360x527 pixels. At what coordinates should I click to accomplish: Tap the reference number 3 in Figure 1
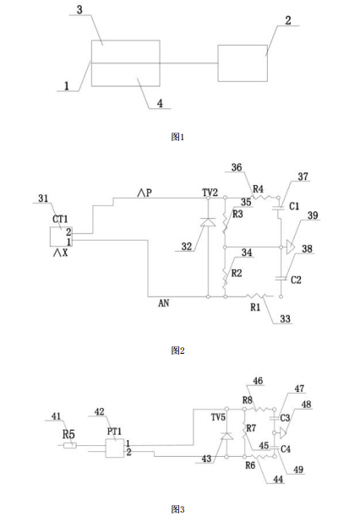coord(79,9)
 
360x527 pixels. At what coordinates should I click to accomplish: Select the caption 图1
coord(177,137)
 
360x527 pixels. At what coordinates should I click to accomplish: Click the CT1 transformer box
coord(61,236)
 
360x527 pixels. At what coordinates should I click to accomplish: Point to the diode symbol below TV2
coord(208,222)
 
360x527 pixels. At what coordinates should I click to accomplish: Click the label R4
coord(258,189)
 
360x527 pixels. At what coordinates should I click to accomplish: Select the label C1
coord(294,206)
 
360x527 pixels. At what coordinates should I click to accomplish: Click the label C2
coord(296,280)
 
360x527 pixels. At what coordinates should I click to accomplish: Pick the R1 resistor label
coord(255,307)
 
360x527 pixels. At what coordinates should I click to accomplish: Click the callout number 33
coord(285,318)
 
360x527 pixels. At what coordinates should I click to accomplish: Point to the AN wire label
coord(163,303)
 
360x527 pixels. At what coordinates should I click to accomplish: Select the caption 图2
coord(177,350)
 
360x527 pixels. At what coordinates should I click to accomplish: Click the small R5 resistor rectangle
coord(70,446)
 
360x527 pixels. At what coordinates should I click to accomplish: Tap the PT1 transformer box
coord(115,448)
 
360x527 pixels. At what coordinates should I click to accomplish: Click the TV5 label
coord(218,417)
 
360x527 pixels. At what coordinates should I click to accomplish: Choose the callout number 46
coord(258,381)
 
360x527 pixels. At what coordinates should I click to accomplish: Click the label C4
coord(286,449)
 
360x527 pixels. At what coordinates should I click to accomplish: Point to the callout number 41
coord(56,416)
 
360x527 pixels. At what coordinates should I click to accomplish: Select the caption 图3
coord(177,509)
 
